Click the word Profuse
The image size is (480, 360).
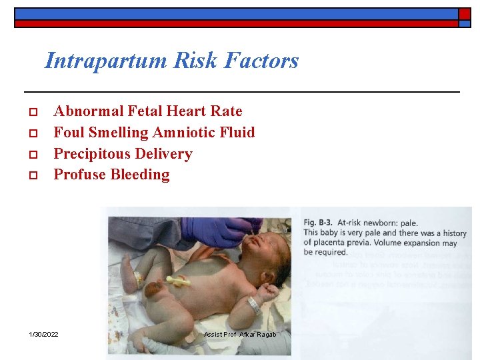[79, 175]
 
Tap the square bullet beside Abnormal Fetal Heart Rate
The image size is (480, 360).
[32, 112]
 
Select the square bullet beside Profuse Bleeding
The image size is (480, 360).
[32, 175]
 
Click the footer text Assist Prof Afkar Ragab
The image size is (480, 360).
[239, 334]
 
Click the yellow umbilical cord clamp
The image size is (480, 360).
[178, 281]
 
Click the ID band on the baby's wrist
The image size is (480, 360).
[254, 305]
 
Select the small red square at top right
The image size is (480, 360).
[465, 13]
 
